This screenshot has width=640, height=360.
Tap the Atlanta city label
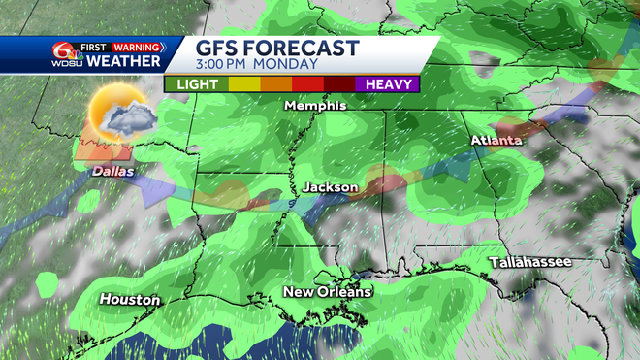(x=496, y=140)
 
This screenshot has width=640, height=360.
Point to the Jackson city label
(x=331, y=186)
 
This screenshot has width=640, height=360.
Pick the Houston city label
(x=129, y=299)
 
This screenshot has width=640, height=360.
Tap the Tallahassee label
(x=529, y=262)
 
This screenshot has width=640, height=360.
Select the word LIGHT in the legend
(x=196, y=84)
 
